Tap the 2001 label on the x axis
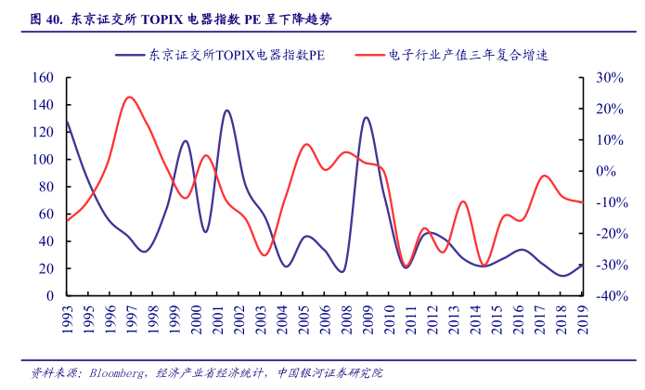pyautogui.click(x=220, y=318)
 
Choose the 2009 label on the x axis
pyautogui.click(x=367, y=318)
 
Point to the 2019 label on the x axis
pyautogui.click(x=582, y=318)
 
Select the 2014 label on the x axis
pyautogui.click(x=475, y=318)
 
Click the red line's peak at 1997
pyautogui.click(x=130, y=97)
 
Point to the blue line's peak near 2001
pyautogui.click(x=226, y=110)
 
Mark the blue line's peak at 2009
pyautogui.click(x=367, y=118)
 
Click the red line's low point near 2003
pyautogui.click(x=264, y=255)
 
